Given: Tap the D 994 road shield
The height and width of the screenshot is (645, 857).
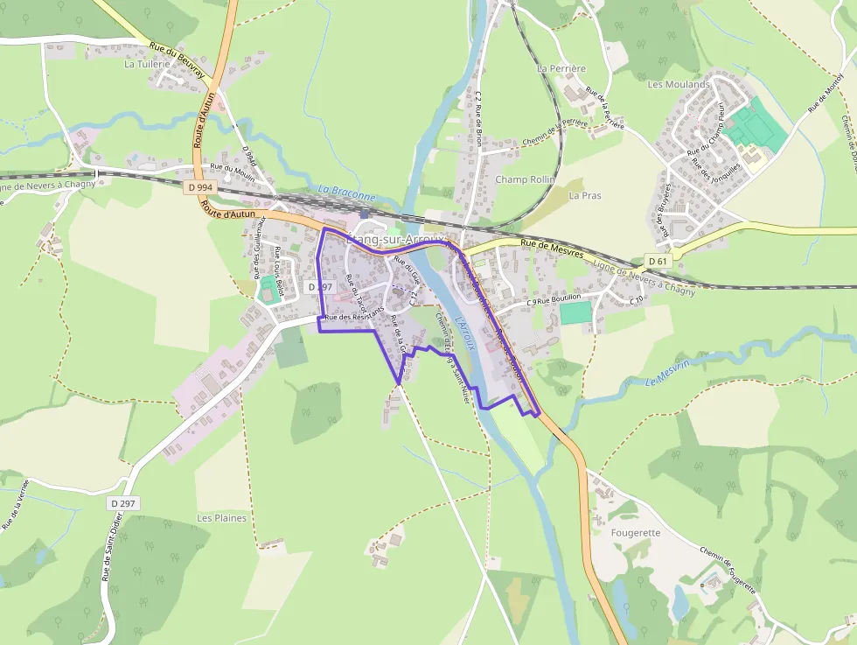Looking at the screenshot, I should tap(199, 186).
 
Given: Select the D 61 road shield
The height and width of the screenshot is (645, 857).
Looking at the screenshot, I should tap(658, 261).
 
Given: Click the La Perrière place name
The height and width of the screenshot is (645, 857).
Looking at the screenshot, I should tap(561, 68).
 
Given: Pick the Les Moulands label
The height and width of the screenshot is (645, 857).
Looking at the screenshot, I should tap(679, 84).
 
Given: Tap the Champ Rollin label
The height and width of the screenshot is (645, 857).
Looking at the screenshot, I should tap(526, 179).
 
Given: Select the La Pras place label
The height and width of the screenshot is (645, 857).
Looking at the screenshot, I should tap(586, 195).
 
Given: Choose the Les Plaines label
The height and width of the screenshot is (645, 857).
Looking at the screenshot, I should tap(222, 518).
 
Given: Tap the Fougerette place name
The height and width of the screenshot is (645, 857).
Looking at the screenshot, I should tap(637, 532).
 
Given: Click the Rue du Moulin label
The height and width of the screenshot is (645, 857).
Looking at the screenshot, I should tap(231, 167).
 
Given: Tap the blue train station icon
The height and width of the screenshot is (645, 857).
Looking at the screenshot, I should tap(365, 214).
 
